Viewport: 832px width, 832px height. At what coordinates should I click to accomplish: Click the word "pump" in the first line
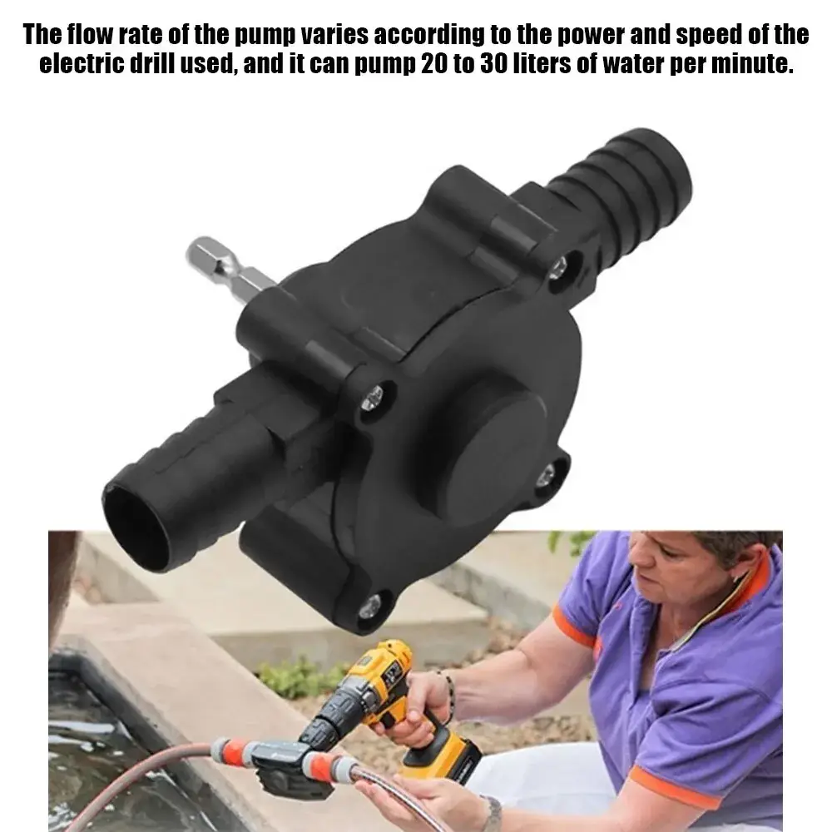pyautogui.click(x=265, y=35)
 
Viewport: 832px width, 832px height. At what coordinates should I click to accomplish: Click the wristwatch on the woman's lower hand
pyautogui.click(x=493, y=815)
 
